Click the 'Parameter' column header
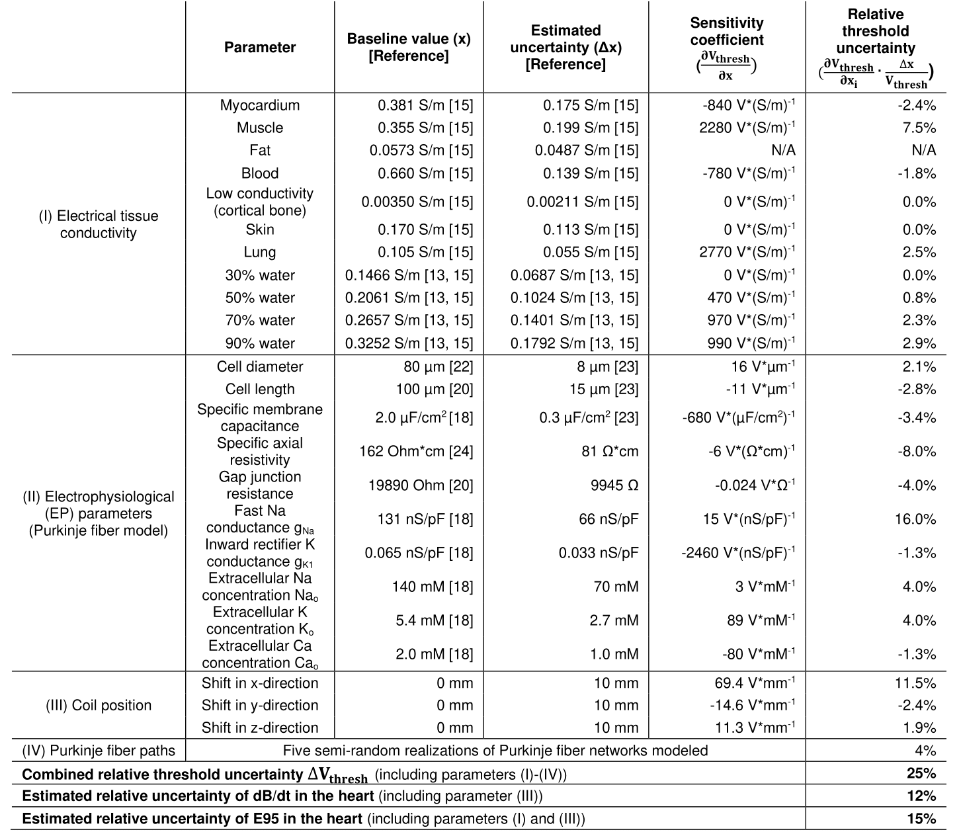[260, 48]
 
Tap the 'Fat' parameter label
[260, 150]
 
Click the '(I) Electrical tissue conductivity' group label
[98, 224]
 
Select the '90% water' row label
[260, 343]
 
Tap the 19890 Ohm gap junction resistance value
[420, 485]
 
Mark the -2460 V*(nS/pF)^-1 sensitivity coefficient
[738, 553]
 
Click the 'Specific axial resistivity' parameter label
[260, 451]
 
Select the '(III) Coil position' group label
[98, 705]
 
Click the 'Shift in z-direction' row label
[260, 728]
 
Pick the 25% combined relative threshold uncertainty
[921, 773]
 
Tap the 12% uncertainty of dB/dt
[921, 796]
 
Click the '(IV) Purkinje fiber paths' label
[98, 751]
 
